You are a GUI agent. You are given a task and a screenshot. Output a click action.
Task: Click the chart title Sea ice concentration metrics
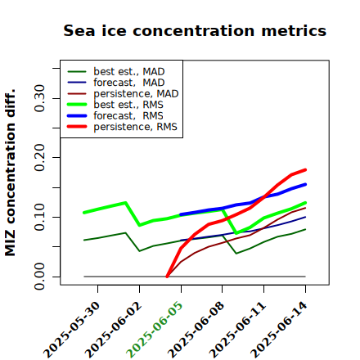(x=195, y=30)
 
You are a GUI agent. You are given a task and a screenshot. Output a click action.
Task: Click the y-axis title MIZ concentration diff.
(x=10, y=173)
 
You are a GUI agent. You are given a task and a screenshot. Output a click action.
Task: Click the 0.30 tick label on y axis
(x=40, y=98)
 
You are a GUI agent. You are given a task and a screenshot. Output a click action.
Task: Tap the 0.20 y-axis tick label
(x=40, y=158)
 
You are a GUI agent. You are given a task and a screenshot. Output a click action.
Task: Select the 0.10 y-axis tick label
(x=40, y=217)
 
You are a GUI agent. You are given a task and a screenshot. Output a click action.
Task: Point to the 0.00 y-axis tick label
(x=40, y=277)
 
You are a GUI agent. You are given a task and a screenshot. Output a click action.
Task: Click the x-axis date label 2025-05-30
(x=72, y=330)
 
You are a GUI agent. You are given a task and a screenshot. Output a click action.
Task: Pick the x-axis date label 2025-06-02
(x=114, y=330)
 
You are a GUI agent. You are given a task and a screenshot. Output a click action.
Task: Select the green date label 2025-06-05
(x=155, y=330)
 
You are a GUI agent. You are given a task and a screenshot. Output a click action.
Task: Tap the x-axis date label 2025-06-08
(x=196, y=330)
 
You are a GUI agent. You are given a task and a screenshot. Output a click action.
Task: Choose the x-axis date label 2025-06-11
(x=238, y=330)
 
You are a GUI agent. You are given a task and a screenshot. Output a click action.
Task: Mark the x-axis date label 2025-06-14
(x=279, y=330)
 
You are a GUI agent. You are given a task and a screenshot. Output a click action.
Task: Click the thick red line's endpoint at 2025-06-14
(x=305, y=170)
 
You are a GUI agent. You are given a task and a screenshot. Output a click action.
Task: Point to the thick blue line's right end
(x=305, y=184)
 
